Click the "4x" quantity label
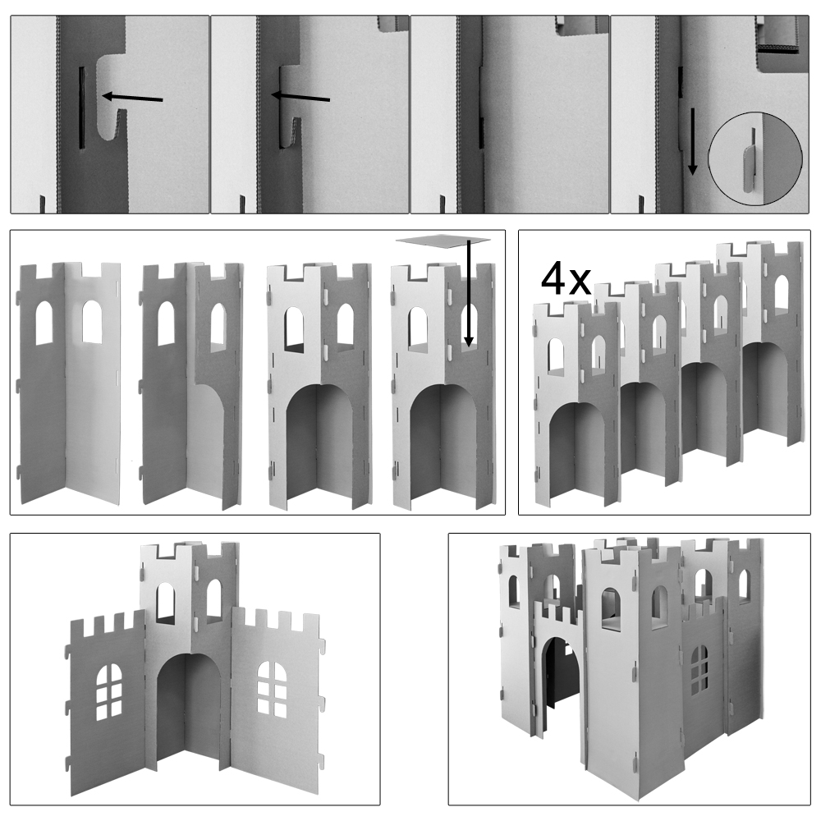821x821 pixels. [x=566, y=280]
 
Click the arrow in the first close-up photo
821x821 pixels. [x=132, y=98]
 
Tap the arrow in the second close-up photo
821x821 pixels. [x=300, y=96]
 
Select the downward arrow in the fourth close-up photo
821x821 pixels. [x=692, y=141]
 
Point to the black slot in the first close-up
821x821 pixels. [x=81, y=108]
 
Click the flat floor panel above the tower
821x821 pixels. [x=443, y=240]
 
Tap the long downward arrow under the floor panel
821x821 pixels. [x=469, y=293]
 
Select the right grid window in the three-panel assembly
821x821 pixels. [x=273, y=690]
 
